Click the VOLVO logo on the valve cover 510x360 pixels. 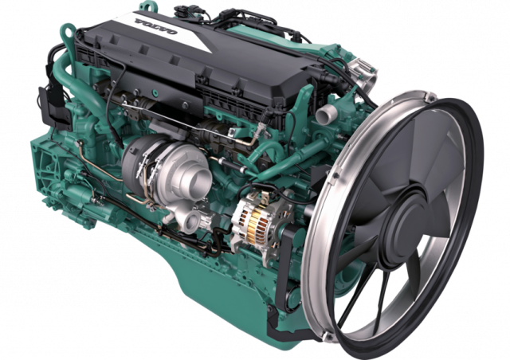tap(155, 26)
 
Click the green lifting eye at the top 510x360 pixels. tap(147, 6)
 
